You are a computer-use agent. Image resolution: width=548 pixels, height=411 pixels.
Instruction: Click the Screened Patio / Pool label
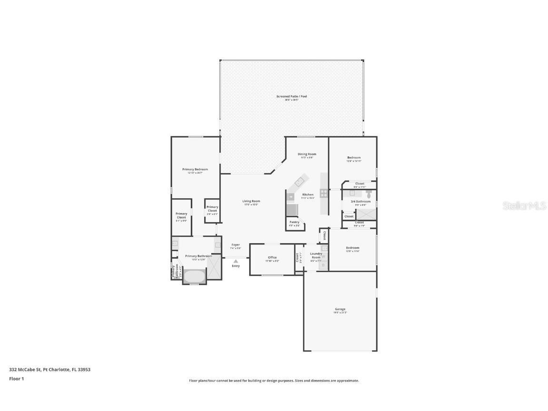pos(292,97)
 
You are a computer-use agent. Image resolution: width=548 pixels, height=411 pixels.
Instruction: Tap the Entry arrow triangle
pos(235,261)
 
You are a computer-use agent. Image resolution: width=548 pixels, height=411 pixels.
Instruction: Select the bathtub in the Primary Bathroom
pos(194,276)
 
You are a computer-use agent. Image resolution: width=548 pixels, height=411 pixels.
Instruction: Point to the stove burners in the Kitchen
pos(323,193)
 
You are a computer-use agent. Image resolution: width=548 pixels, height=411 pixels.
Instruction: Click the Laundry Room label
pos(316,255)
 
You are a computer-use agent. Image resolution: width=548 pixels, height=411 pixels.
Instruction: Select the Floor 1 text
pos(16,379)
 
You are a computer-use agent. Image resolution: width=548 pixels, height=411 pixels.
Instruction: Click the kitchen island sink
pos(300,181)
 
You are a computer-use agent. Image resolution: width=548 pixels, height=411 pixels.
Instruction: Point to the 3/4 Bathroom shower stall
pos(366,215)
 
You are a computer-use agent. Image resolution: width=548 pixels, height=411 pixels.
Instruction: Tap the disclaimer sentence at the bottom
pos(274,381)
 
